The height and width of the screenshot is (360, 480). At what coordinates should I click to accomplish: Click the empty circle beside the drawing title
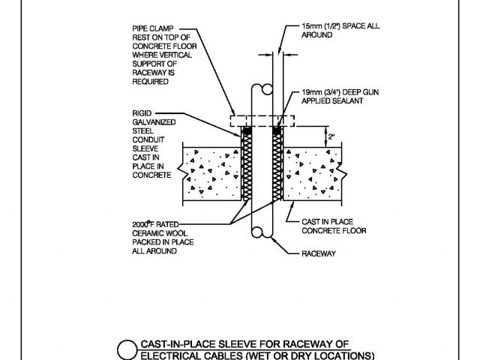(129, 350)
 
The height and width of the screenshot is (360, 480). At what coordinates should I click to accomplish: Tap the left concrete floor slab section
(209, 174)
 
